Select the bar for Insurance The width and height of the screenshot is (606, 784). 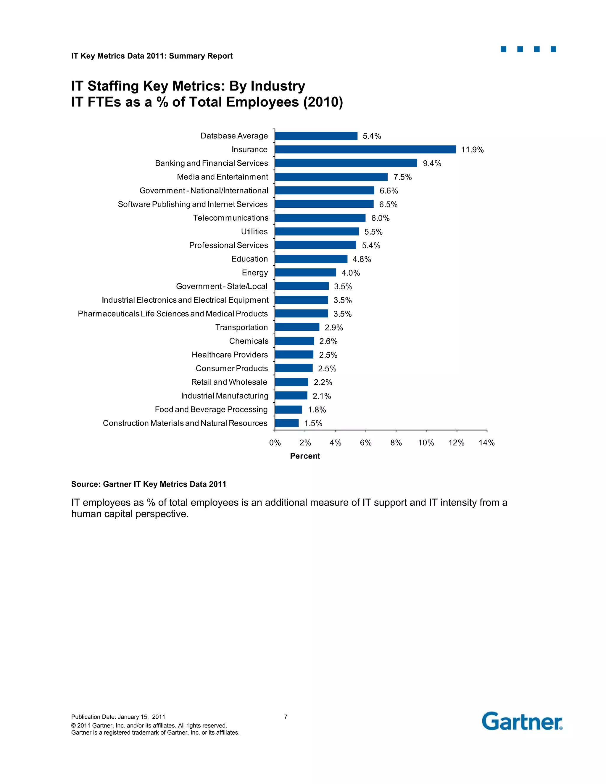(365, 149)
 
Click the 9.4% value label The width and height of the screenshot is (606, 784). (432, 163)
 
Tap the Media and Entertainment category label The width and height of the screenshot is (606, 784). (222, 177)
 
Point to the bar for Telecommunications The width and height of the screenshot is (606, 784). (320, 218)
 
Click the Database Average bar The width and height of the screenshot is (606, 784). (316, 136)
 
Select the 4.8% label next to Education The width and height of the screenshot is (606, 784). (362, 259)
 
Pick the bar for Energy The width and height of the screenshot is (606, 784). (305, 272)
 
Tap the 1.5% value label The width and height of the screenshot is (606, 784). (313, 424)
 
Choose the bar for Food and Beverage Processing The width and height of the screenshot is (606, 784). (288, 409)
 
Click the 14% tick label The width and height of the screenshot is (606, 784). (486, 443)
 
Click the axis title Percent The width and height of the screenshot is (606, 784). (305, 456)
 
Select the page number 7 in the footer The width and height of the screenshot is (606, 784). (286, 717)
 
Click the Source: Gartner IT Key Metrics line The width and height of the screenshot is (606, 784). (149, 484)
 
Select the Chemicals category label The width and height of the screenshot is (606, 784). (249, 341)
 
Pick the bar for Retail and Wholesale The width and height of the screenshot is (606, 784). (291, 382)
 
